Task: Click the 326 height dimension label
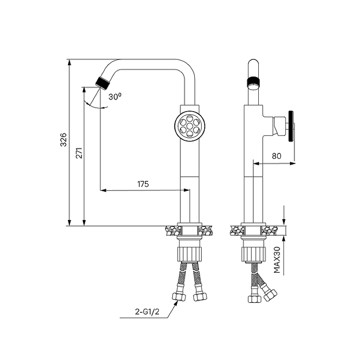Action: [x=63, y=139]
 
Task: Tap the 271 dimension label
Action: [x=79, y=153]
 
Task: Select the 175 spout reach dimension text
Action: [x=143, y=184]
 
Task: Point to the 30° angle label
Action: [x=115, y=97]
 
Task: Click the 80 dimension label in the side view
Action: [x=276, y=156]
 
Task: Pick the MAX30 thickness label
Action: [x=277, y=260]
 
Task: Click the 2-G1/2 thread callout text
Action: [x=147, y=311]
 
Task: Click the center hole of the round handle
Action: [x=189, y=126]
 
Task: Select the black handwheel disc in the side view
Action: [x=291, y=126]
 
